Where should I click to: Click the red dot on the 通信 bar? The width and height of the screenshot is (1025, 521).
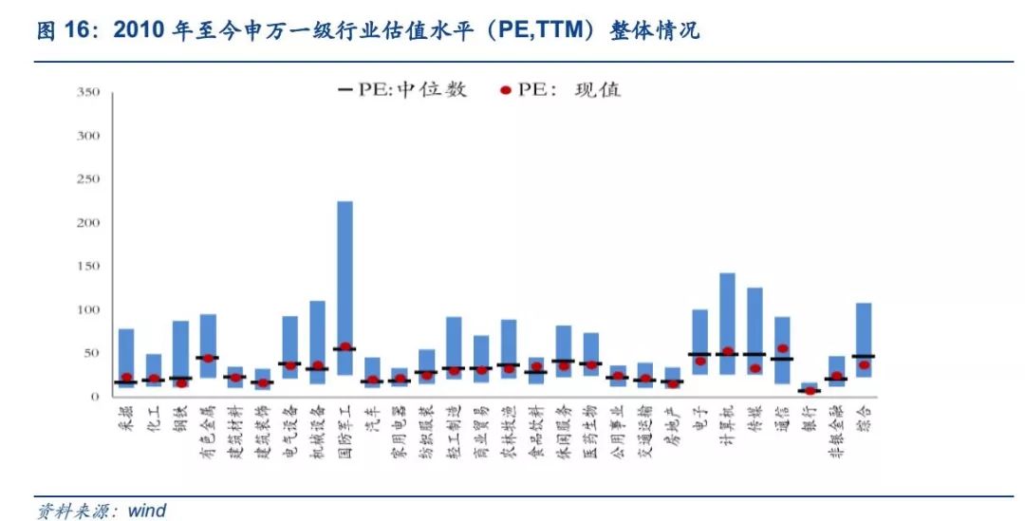pyautogui.click(x=782, y=349)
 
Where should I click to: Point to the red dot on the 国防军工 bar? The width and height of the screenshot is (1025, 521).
pyautogui.click(x=345, y=347)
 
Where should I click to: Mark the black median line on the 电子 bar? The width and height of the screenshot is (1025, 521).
pyautogui.click(x=699, y=354)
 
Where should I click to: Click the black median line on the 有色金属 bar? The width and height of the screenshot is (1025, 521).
pyautogui.click(x=208, y=358)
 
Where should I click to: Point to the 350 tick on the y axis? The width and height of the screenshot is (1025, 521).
pyautogui.click(x=87, y=92)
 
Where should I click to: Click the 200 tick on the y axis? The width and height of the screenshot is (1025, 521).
pyautogui.click(x=87, y=222)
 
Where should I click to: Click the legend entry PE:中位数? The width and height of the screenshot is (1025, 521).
pyautogui.click(x=402, y=90)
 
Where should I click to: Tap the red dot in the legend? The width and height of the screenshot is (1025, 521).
pyautogui.click(x=506, y=91)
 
